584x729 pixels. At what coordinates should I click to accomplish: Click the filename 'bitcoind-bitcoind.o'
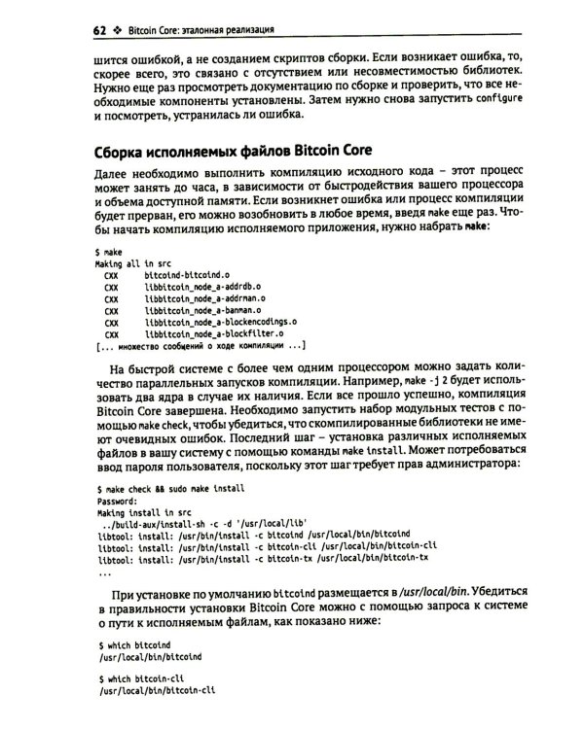click(186, 277)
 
